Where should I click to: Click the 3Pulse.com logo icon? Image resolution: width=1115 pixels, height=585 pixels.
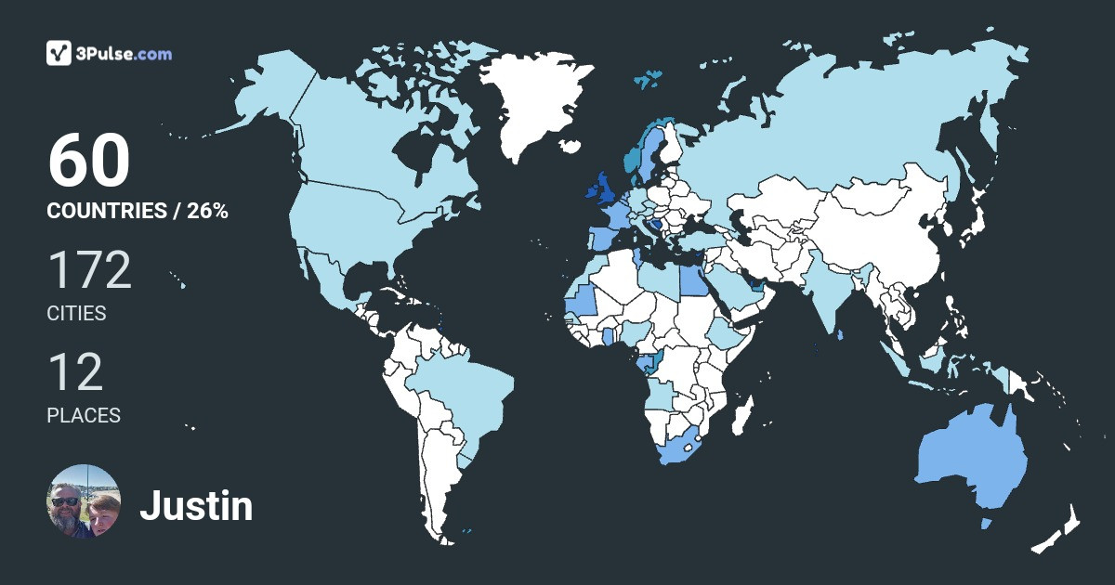point(59,53)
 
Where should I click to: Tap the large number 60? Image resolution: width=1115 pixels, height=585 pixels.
point(88,162)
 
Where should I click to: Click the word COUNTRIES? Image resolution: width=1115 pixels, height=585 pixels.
point(106,211)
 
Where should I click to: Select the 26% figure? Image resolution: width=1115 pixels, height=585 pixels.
point(207,211)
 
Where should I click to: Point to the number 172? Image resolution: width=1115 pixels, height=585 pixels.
point(89,271)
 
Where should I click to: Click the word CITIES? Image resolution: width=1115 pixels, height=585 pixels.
point(76,314)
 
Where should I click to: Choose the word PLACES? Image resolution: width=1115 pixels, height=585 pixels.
point(84,416)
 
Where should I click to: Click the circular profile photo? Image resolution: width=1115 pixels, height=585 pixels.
point(84,501)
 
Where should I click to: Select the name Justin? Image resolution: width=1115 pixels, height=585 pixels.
point(196,506)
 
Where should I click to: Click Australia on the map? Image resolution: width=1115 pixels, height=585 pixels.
point(971,460)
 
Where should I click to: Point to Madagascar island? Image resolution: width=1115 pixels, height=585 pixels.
point(741,415)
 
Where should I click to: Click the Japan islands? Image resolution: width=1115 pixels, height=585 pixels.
point(971,223)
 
